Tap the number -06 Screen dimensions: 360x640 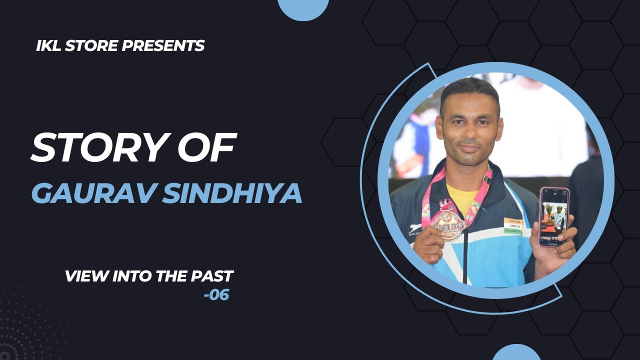(x=216, y=295)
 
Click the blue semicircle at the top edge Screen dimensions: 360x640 (x=303, y=7)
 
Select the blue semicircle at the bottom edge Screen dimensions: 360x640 (x=516, y=353)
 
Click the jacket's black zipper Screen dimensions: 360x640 (x=465, y=255)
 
